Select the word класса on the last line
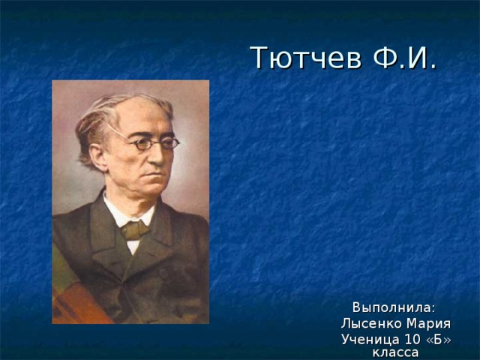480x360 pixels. click(396, 352)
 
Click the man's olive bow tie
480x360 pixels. click(135, 229)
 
